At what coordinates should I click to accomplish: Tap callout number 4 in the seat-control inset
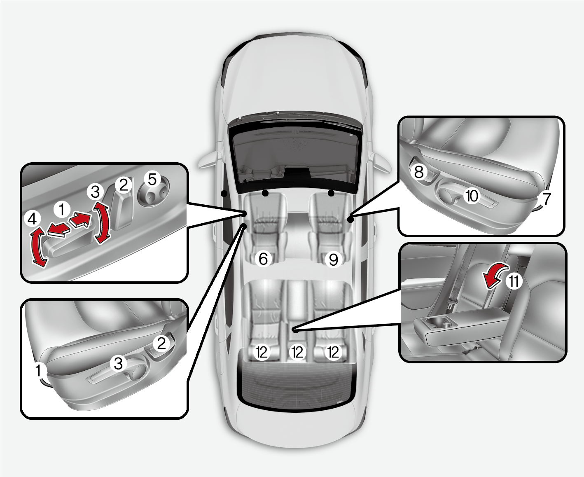pyautogui.click(x=32, y=219)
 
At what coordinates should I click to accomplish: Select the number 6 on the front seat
pyautogui.click(x=263, y=259)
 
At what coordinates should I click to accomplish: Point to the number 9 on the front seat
pyautogui.click(x=333, y=259)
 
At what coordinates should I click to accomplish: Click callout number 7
pyautogui.click(x=546, y=199)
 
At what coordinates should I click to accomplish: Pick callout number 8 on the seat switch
pyautogui.click(x=419, y=172)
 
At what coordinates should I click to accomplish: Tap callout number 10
pyautogui.click(x=472, y=196)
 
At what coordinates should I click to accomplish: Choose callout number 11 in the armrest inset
pyautogui.click(x=514, y=281)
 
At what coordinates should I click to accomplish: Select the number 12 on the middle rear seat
pyautogui.click(x=297, y=352)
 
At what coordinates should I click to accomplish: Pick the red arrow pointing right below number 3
pyautogui.click(x=80, y=220)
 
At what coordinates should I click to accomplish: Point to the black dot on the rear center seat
pyautogui.click(x=295, y=330)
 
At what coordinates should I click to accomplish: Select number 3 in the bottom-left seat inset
pyautogui.click(x=118, y=363)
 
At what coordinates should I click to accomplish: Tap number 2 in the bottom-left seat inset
pyautogui.click(x=161, y=343)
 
